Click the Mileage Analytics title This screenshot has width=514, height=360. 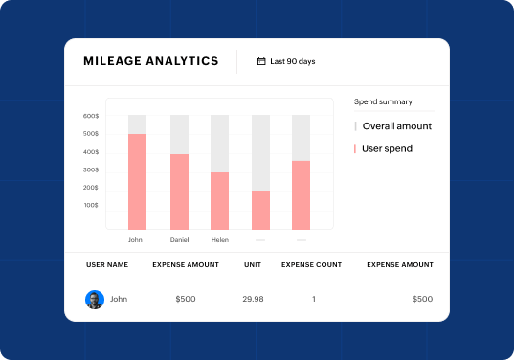click(x=151, y=61)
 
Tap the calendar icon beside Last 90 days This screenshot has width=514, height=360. click(x=261, y=61)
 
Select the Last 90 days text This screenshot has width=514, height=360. click(x=293, y=61)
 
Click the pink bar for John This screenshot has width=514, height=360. click(x=137, y=181)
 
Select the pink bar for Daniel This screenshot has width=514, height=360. click(x=179, y=191)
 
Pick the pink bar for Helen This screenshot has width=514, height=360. click(x=220, y=200)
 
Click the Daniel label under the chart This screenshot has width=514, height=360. click(x=179, y=239)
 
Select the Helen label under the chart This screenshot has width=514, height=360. click(x=220, y=239)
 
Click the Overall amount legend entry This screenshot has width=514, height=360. click(x=396, y=125)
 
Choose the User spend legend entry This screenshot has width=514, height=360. click(x=386, y=148)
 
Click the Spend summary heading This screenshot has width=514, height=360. click(x=384, y=101)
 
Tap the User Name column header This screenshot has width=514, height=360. click(x=107, y=264)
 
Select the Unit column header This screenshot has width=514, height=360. click(x=253, y=264)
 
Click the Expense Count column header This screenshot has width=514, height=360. click(x=314, y=264)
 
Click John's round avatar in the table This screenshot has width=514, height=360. click(x=94, y=299)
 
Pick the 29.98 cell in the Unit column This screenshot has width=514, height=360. click(x=253, y=299)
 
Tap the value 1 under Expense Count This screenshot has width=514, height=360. click(x=314, y=299)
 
